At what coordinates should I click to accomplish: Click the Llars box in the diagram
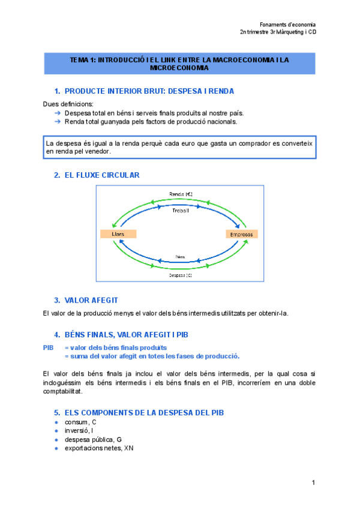(x=117, y=233)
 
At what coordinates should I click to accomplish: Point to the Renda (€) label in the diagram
(x=180, y=194)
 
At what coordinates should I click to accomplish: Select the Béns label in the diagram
(x=180, y=256)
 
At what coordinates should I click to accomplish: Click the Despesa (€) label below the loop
(x=180, y=274)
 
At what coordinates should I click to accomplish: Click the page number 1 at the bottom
(x=313, y=483)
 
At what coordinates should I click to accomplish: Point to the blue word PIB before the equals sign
(x=49, y=348)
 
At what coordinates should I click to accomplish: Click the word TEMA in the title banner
(x=78, y=60)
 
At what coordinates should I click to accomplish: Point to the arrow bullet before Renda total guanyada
(x=58, y=121)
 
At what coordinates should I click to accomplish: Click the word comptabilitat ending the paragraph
(x=62, y=391)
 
